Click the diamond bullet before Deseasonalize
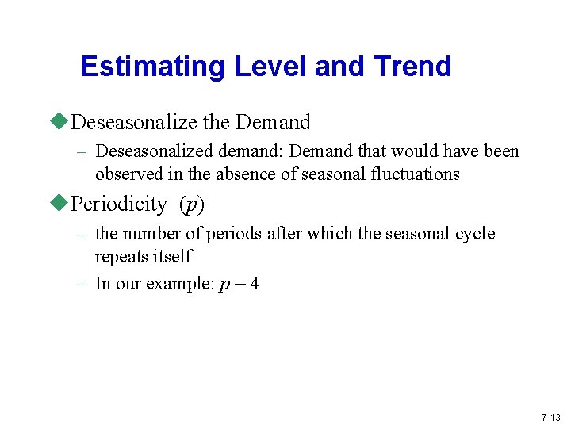[61, 121]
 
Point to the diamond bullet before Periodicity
[61, 204]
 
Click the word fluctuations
[416, 174]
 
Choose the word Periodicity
[119, 204]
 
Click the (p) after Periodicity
[191, 204]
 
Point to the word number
[151, 234]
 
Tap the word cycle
[475, 234]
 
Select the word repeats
[121, 257]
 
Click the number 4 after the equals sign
[254, 285]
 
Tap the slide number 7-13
[550, 417]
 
